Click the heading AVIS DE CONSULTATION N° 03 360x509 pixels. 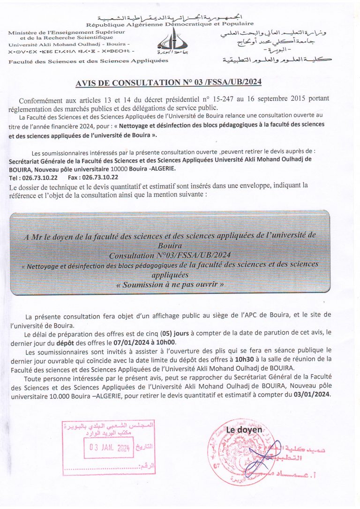169,83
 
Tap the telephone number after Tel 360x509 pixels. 40,178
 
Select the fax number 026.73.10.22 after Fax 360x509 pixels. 99,178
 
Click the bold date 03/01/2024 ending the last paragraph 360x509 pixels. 312,394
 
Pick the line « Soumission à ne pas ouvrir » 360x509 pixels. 170,284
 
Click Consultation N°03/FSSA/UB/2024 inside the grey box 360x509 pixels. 170,255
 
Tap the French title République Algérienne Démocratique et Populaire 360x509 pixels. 170,23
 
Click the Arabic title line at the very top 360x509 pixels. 170,16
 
